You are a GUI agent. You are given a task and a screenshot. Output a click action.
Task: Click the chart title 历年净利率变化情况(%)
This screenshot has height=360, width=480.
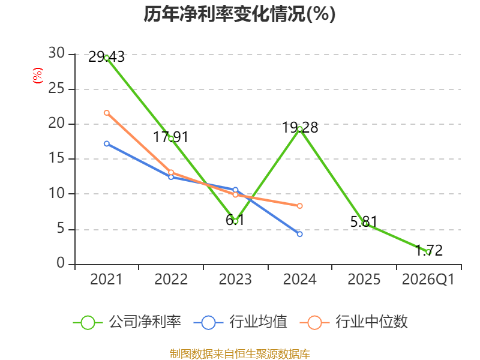point(239,14)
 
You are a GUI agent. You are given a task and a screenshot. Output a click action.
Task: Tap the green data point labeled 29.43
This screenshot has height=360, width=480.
point(107,58)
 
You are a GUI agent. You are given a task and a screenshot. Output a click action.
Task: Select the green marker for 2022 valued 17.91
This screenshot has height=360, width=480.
point(171,139)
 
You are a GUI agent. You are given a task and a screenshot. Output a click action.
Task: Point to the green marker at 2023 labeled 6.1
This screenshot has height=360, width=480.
point(235,221)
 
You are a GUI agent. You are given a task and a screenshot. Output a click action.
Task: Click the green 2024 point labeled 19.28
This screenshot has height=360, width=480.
point(300,129)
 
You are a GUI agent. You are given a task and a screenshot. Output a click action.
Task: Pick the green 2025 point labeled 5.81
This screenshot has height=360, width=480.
point(364,223)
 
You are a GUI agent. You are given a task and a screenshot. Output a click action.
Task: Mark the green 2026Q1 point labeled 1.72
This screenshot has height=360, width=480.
point(428,252)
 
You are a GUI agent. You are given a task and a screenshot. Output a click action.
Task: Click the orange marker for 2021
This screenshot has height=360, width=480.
point(107,113)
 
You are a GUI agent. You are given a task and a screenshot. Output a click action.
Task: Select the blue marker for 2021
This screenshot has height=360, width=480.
point(107,143)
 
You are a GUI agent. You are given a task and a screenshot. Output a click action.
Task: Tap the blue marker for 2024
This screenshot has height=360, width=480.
point(300,234)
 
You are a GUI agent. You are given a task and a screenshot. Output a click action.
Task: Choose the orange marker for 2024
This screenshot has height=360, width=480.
point(300,206)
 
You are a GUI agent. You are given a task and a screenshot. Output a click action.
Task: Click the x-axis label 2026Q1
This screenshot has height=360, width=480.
point(428,280)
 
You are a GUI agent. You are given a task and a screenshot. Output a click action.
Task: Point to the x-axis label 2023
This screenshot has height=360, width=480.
point(235,280)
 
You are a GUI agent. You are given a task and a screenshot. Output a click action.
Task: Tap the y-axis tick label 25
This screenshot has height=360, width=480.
point(56,88)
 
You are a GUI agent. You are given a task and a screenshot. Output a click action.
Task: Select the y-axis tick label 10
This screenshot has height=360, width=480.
point(56,193)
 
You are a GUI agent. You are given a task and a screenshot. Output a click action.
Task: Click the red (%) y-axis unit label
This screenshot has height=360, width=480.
point(38,76)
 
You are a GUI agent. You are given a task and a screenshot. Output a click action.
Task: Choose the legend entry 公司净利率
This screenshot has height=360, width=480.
point(127,322)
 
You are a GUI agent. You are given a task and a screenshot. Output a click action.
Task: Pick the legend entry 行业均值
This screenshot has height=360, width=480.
point(241,322)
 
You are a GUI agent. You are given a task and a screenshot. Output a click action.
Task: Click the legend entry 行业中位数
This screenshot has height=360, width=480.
point(353,322)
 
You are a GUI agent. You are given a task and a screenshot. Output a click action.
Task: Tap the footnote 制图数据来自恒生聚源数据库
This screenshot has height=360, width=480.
point(240,354)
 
